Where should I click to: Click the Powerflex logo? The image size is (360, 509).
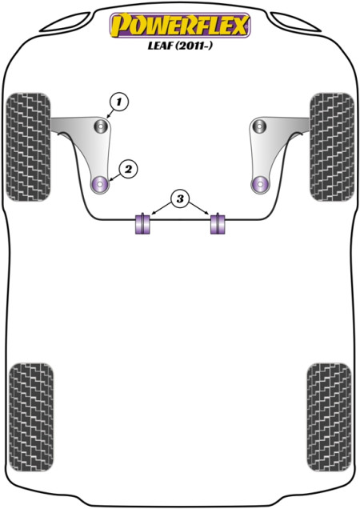pyautogui.click(x=180, y=26)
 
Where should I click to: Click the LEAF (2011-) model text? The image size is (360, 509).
pyautogui.click(x=180, y=46)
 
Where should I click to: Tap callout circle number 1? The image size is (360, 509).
pyautogui.click(x=119, y=102)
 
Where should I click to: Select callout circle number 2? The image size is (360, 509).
pyautogui.click(x=128, y=169)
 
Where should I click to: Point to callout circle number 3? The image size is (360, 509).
pyautogui.click(x=180, y=198)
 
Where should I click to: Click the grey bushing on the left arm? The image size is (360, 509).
pyautogui.click(x=101, y=126)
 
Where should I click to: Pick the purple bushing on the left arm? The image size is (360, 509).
pyautogui.click(x=100, y=185)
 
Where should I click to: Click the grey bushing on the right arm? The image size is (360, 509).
pyautogui.click(x=259, y=126)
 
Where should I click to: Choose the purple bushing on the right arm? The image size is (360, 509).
pyautogui.click(x=260, y=185)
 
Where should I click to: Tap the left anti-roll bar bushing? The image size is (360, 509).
pyautogui.click(x=142, y=223)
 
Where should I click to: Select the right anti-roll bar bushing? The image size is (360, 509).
pyautogui.click(x=218, y=223)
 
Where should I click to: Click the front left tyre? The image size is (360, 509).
pyautogui.click(x=29, y=146)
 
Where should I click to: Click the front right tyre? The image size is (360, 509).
pyautogui.click(x=332, y=146)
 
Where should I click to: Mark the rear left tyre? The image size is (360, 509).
pyautogui.click(x=31, y=417)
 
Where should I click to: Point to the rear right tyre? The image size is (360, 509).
pyautogui.click(x=329, y=417)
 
